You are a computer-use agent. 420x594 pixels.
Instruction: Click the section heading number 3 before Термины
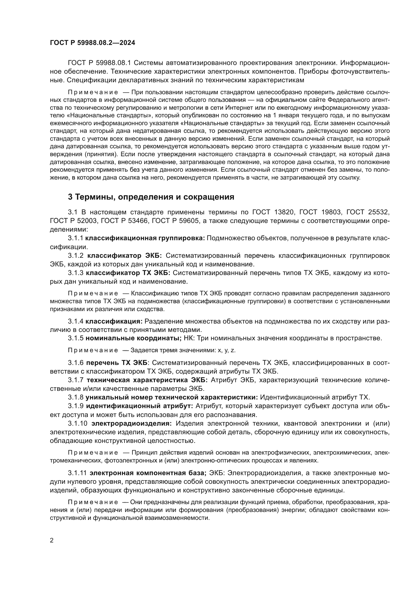point(70,197)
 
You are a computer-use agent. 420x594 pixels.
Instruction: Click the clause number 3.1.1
point(75,238)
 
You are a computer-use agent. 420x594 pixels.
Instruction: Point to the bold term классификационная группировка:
point(145,238)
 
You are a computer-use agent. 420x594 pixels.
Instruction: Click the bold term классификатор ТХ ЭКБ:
point(128,273)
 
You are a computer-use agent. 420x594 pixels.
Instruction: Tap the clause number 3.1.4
point(75,321)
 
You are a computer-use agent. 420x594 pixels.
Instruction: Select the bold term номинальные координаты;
point(134,338)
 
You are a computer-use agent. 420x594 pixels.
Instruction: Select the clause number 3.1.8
point(75,397)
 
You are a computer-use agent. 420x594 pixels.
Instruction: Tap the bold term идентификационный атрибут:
point(139,406)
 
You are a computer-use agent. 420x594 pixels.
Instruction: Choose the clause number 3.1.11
point(77,473)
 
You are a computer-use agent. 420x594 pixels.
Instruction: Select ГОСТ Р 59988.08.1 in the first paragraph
point(100,63)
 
